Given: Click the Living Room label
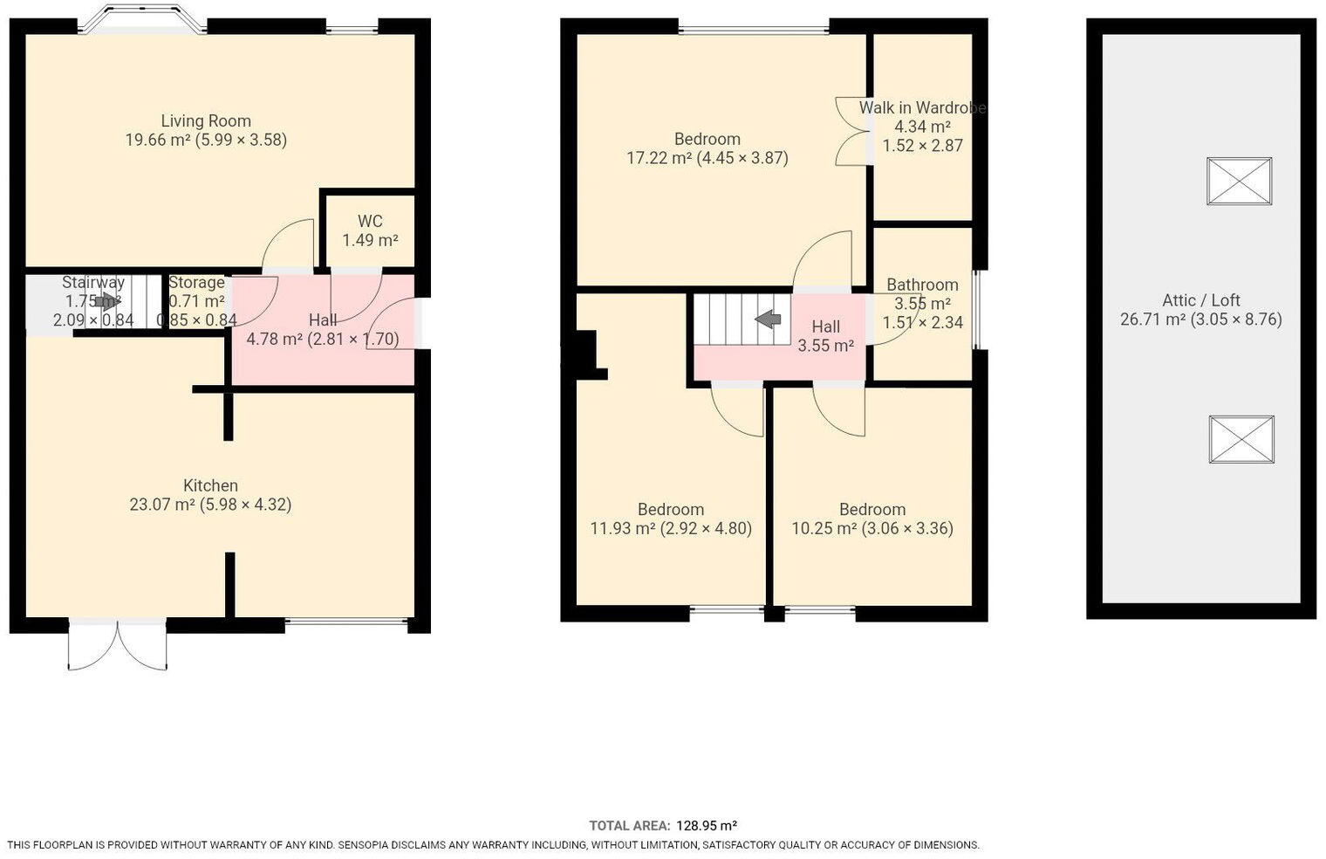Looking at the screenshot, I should click(x=206, y=121).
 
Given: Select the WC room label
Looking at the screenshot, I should click(x=370, y=222).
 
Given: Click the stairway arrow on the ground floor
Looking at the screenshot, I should click(x=109, y=302).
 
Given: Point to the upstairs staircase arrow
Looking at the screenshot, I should click(x=769, y=319).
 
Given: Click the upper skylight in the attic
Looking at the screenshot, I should click(x=1239, y=181).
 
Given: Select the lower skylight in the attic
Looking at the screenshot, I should click(x=1241, y=439).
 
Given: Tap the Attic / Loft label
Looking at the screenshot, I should click(x=1200, y=300).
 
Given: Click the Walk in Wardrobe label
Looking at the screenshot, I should click(x=922, y=108).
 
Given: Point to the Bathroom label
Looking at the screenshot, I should click(x=922, y=285).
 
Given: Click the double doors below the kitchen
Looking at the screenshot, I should click(x=118, y=646).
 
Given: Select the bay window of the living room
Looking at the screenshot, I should click(x=142, y=20).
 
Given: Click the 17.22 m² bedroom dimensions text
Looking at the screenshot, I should click(x=707, y=158).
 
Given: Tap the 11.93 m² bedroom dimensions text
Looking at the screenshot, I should click(x=671, y=528).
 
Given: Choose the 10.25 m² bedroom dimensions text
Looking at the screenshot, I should click(x=871, y=528).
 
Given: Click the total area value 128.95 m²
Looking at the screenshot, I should click(x=707, y=826).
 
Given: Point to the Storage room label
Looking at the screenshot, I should click(x=196, y=283).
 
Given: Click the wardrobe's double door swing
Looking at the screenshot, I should click(x=853, y=131).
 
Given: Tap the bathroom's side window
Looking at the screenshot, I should click(x=976, y=310).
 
